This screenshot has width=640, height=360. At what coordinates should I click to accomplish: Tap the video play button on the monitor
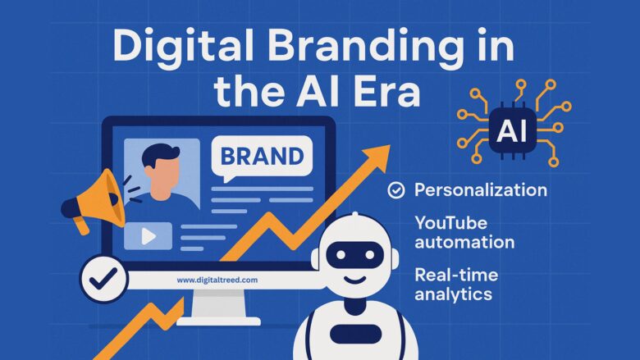point(149,236)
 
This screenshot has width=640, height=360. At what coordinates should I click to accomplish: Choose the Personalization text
point(480,190)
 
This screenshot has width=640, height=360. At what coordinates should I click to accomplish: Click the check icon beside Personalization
point(395,191)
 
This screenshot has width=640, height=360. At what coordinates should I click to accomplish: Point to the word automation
point(464,242)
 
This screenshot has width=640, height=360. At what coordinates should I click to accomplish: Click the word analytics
point(453,294)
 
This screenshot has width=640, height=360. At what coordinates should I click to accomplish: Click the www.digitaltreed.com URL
point(217,280)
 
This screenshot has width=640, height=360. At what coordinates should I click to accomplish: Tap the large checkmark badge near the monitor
point(103,279)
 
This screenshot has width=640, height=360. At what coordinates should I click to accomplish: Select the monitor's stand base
point(217,321)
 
